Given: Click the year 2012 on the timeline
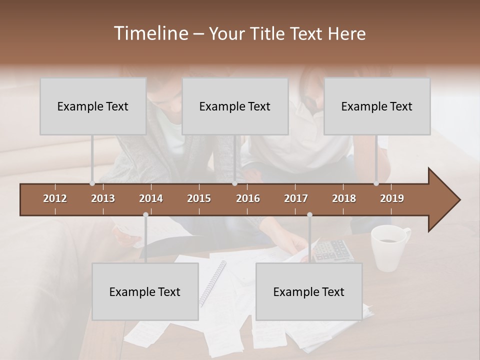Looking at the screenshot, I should coord(55,198).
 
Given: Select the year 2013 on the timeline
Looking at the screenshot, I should coord(103,198).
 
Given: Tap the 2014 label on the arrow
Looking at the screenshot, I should coord(151,198).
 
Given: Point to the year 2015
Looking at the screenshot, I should coord(199,198).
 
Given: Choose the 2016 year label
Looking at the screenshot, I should coord(248,198).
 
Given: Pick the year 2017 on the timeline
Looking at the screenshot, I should coord(296,198).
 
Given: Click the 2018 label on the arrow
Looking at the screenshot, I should coord(344,198).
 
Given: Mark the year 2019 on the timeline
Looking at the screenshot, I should coord(392,198).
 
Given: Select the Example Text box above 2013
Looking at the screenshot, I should coord(93,106).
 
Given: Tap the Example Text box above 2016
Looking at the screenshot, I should coord(235,106).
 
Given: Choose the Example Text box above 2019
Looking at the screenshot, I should coord(377,106).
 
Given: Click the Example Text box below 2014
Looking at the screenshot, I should coord(145,292).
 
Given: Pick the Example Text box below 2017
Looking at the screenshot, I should coord(309,292).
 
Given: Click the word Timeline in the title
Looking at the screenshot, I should coord(150,33).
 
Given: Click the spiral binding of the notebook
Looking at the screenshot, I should coord(213,283).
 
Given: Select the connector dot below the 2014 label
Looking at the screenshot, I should coord(145,214).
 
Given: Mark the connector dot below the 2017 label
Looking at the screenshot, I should coord(309,214).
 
